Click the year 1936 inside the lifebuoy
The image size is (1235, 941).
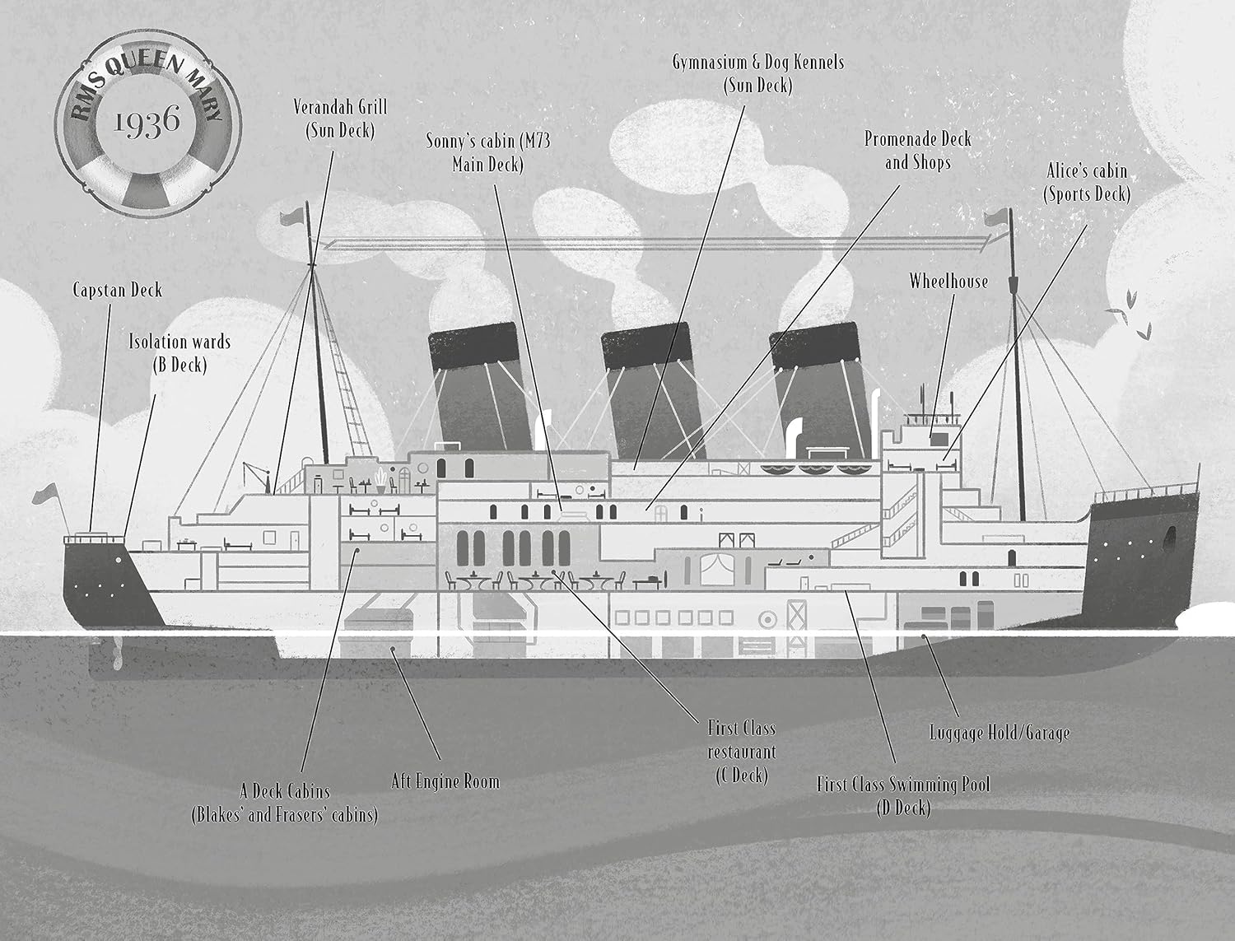pyautogui.click(x=147, y=122)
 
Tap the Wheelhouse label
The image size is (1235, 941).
pyautogui.click(x=948, y=282)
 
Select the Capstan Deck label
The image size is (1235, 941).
pyautogui.click(x=118, y=291)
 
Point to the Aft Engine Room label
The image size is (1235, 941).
pyautogui.click(x=445, y=781)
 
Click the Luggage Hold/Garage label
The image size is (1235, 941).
pyautogui.click(x=1000, y=733)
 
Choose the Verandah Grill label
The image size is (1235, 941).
pyautogui.click(x=340, y=119)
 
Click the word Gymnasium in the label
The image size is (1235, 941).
pyautogui.click(x=710, y=63)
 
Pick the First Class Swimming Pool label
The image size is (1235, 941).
pyautogui.click(x=903, y=796)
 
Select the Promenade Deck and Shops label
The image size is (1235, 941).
pyautogui.click(x=918, y=151)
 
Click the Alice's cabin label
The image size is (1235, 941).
pyautogui.click(x=1087, y=183)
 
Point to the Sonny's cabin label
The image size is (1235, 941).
pyautogui.click(x=487, y=152)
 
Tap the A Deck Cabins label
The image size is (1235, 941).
pyautogui.click(x=285, y=804)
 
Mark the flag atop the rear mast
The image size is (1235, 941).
pyautogui.click(x=292, y=217)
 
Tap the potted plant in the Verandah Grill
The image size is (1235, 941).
pyautogui.click(x=381, y=480)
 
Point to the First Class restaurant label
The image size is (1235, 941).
pyautogui.click(x=742, y=752)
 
